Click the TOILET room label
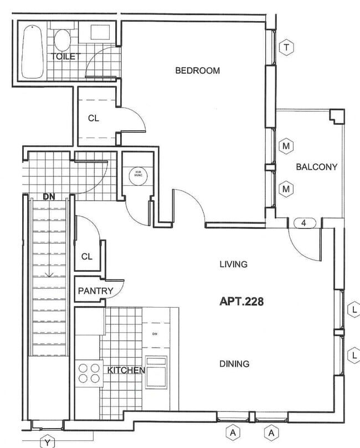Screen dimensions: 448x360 (66, 57)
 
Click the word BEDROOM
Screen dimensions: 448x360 (197, 70)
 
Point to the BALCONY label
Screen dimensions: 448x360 (316, 167)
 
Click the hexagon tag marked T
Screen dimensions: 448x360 (286, 48)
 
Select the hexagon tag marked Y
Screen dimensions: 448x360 (49, 442)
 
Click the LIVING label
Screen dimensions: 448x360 (233, 264)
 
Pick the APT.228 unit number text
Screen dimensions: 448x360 (241, 302)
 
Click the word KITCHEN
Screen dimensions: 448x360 (126, 370)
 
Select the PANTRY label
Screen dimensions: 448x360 (95, 291)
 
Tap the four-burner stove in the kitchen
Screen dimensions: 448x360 (88, 373)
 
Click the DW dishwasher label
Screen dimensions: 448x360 (155, 333)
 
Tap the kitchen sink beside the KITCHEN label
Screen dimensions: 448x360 (156, 370)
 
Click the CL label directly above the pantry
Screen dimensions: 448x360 (86, 256)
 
